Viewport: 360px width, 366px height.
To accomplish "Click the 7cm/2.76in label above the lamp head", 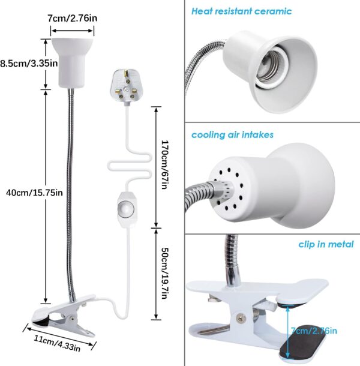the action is pyautogui.click(x=73, y=18).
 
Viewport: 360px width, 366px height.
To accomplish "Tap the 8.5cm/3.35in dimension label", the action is pyautogui.click(x=29, y=63).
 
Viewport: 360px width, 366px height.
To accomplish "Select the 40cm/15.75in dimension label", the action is pyautogui.click(x=34, y=193).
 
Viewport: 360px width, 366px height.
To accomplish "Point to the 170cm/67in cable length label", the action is pyautogui.click(x=164, y=164).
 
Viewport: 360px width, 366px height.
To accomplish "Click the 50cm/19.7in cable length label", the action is pyautogui.click(x=164, y=274).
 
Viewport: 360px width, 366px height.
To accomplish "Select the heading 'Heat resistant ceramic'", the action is pyautogui.click(x=241, y=11).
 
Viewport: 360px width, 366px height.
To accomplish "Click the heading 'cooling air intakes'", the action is pyautogui.click(x=232, y=134).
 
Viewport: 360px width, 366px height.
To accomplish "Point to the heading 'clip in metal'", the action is pyautogui.click(x=326, y=244).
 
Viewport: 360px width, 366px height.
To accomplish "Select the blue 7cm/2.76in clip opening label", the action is pyautogui.click(x=314, y=331).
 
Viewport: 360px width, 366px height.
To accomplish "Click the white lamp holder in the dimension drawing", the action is pyautogui.click(x=72, y=63).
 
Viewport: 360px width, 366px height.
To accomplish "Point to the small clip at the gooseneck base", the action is pyautogui.click(x=64, y=316).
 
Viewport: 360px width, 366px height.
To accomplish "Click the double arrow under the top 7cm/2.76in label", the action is pyautogui.click(x=72, y=31).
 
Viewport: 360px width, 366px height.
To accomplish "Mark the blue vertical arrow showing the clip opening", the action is pyautogui.click(x=287, y=332).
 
